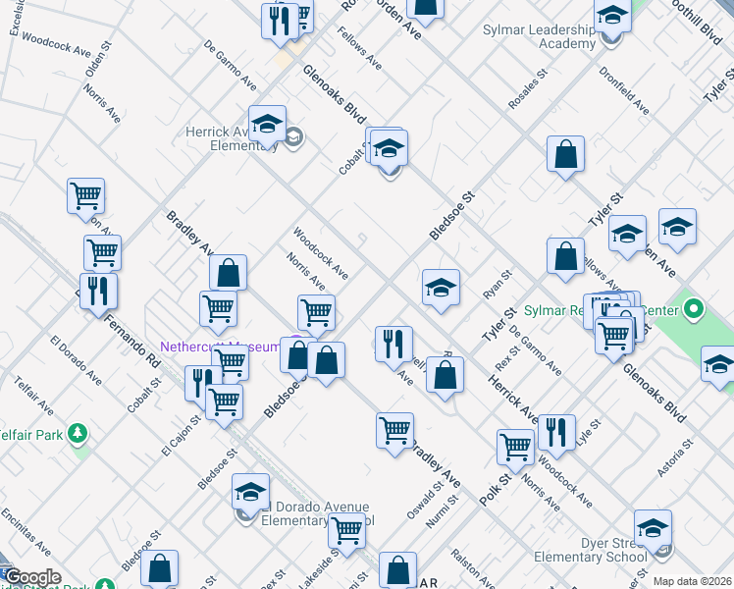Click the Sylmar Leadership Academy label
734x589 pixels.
click(539, 36)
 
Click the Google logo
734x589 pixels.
click(32, 577)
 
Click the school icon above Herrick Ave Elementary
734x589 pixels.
click(267, 125)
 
